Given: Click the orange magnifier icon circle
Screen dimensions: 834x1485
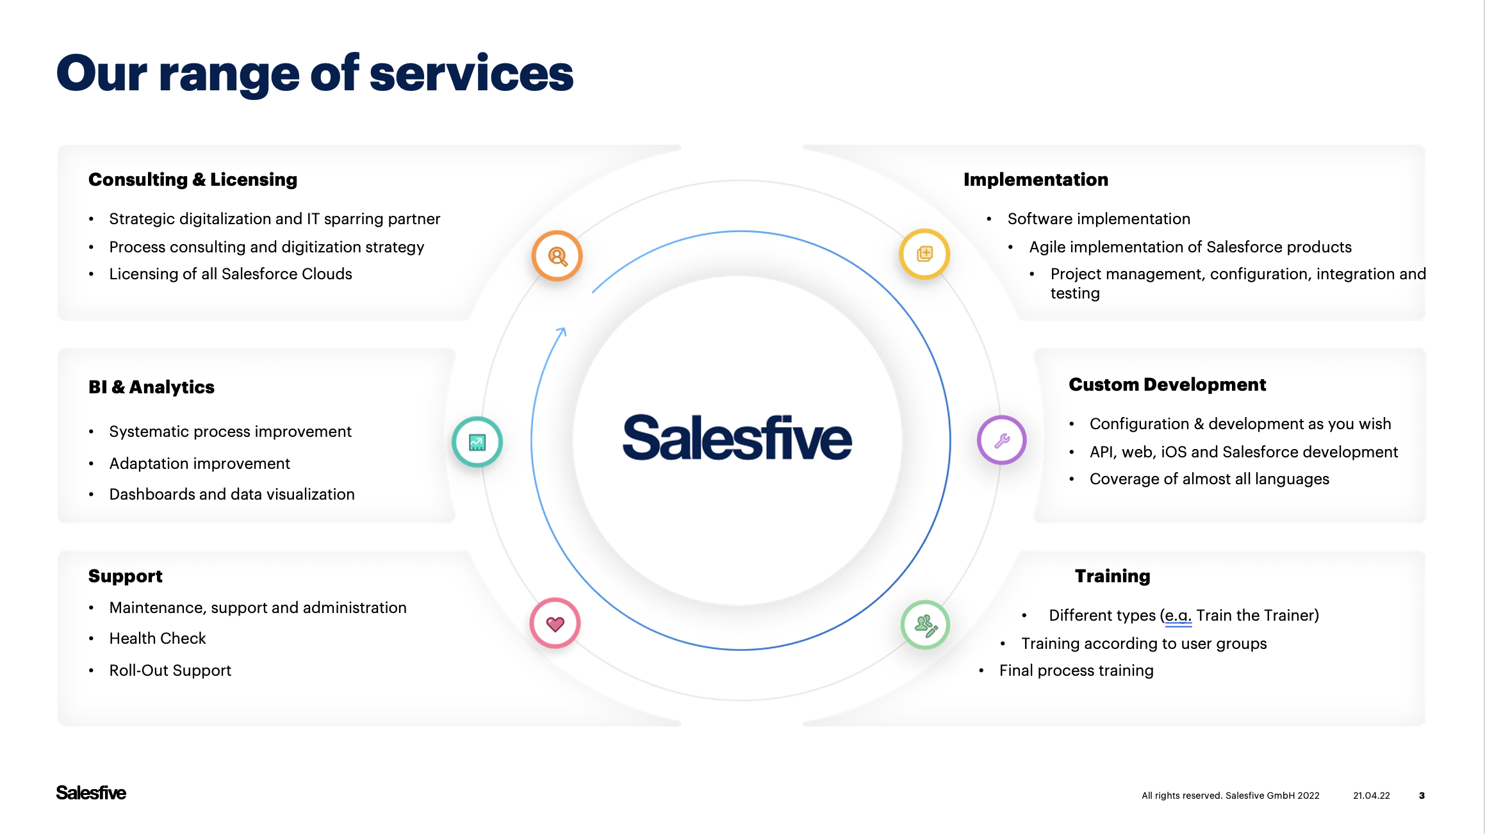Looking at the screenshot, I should [x=557, y=256].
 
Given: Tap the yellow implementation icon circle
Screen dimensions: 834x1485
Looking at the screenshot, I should [x=924, y=254].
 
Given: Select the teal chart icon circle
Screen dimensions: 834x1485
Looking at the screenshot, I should [x=477, y=442].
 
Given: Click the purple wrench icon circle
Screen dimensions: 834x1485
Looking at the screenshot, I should [x=1002, y=440].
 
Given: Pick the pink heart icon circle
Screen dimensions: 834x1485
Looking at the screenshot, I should [x=555, y=623].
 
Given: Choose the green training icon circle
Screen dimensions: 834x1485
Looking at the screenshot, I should [x=925, y=625].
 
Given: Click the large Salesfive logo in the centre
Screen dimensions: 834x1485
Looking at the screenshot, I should [x=737, y=438].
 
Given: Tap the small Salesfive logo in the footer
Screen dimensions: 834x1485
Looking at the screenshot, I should [x=91, y=793].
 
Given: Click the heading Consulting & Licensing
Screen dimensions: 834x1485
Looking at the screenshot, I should [x=193, y=180].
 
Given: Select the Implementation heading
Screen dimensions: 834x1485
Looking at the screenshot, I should [x=1035, y=180].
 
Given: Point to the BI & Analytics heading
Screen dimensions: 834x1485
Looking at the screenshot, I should [x=151, y=387].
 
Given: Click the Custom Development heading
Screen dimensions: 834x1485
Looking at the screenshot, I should [x=1167, y=384].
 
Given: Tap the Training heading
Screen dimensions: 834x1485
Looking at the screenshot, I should [x=1112, y=576].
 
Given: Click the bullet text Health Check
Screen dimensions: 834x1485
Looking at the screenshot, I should [x=158, y=639].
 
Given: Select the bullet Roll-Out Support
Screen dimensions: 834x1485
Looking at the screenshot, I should [x=170, y=671].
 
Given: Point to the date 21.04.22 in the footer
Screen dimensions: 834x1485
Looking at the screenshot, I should [x=1371, y=796].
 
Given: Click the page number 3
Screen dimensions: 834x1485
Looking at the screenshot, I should [x=1422, y=796].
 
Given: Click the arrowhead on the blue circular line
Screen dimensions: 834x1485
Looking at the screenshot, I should [x=562, y=331].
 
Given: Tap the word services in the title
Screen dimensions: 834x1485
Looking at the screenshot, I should [x=471, y=74].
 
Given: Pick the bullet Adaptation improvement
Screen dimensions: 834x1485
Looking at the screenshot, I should [x=199, y=464].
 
